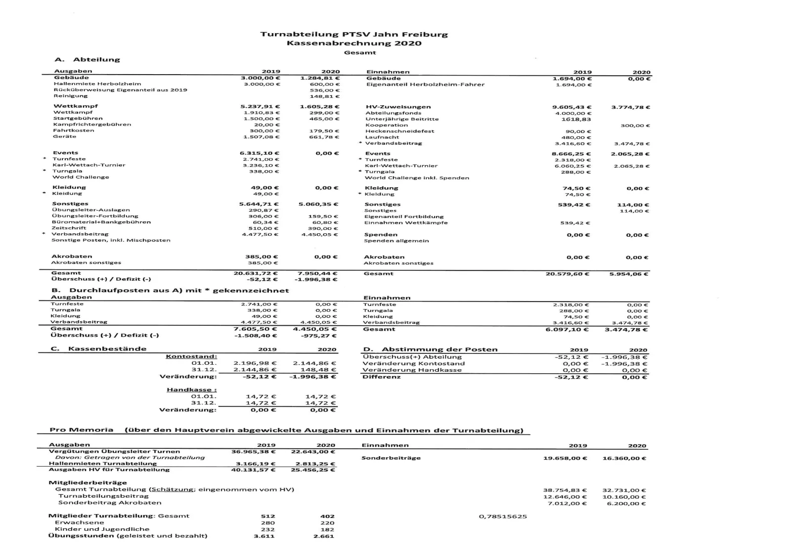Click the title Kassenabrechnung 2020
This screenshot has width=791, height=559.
click(354, 43)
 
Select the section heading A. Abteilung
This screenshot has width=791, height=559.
click(88, 59)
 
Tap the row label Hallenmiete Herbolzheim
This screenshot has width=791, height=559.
click(97, 84)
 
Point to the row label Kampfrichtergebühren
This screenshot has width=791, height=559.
click(92, 125)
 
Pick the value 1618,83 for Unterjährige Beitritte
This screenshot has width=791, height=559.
click(576, 119)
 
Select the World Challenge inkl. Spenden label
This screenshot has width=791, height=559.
click(417, 178)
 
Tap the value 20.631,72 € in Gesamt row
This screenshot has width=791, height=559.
click(256, 273)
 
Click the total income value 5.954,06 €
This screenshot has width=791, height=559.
click(628, 274)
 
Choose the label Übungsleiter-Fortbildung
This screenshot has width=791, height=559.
click(95, 216)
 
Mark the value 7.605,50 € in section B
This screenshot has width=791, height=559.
click(255, 329)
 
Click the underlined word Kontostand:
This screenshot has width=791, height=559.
click(191, 356)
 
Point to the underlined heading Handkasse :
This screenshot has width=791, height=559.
click(192, 390)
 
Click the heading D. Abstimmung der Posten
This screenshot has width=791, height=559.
click(430, 349)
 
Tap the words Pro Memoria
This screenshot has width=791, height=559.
click(82, 430)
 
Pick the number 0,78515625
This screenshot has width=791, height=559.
click(503, 516)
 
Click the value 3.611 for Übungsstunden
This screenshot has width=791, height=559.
click(264, 536)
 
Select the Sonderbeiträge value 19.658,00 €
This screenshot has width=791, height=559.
click(565, 458)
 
